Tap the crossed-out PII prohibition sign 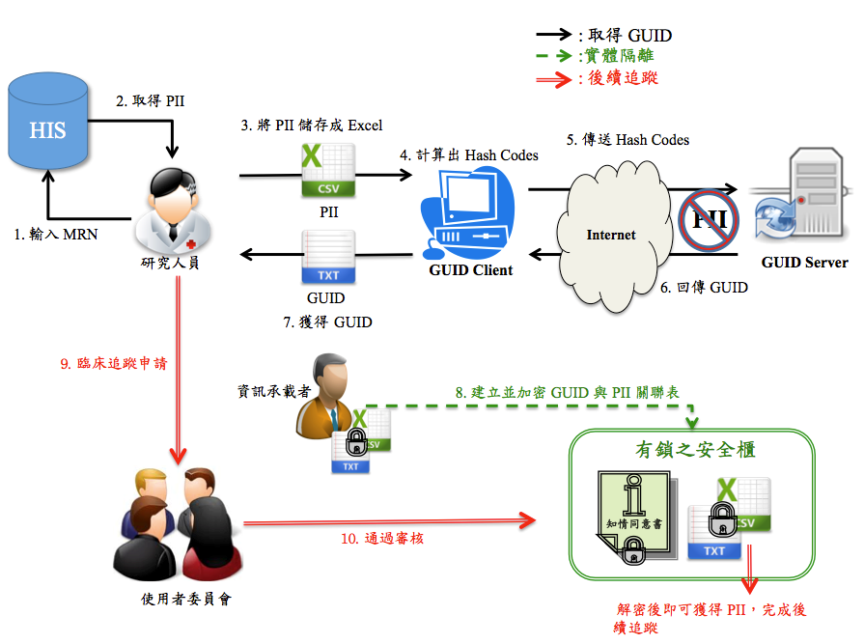click(x=707, y=220)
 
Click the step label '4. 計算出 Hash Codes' click(x=469, y=154)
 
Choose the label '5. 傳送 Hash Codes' click(x=627, y=140)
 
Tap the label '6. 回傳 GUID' click(x=703, y=287)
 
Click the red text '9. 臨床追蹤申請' click(x=113, y=364)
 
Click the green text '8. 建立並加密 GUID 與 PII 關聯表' click(x=567, y=393)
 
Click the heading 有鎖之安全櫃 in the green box click(x=694, y=450)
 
